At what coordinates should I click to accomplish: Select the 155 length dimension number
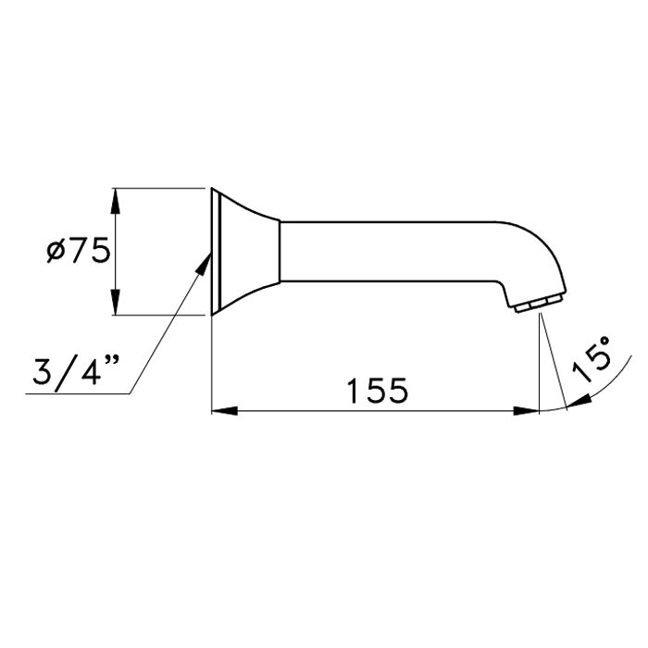coord(377,391)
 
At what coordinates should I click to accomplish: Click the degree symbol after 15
coord(603,342)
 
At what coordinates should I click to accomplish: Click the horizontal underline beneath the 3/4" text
coord(74,395)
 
